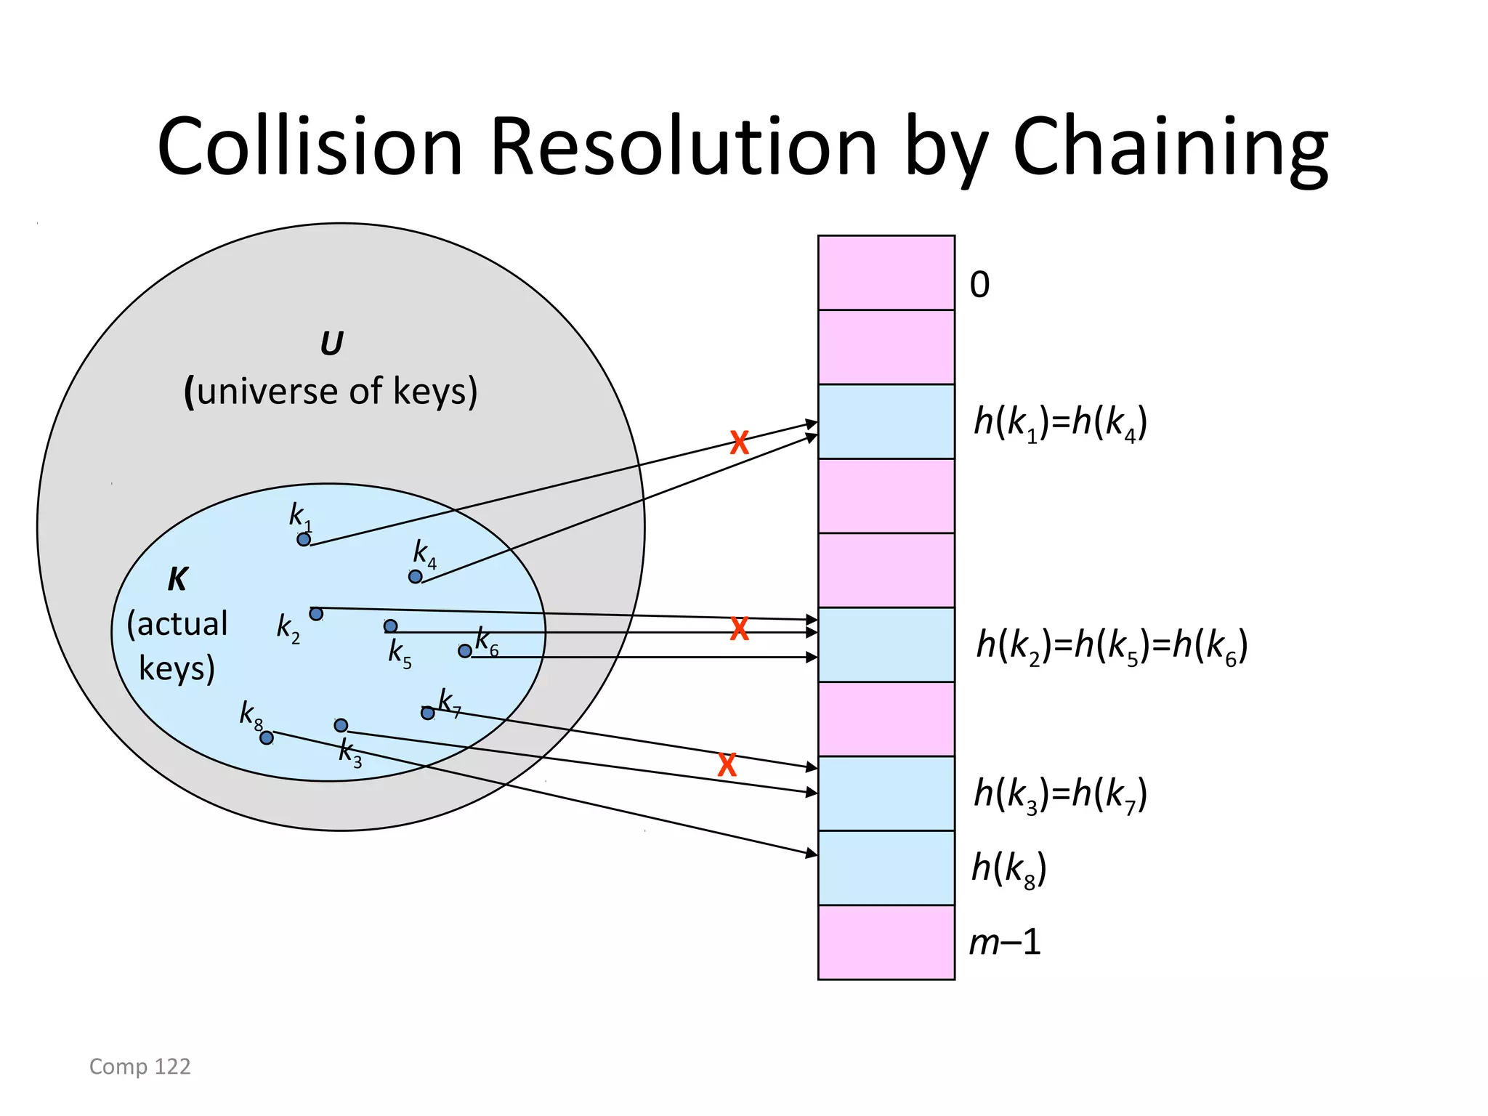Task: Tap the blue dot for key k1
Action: click(304, 539)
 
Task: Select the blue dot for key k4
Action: click(415, 577)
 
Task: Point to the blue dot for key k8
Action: click(267, 738)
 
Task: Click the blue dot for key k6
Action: click(465, 651)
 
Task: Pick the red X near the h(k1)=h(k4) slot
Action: click(739, 442)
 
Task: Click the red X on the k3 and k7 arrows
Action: click(727, 765)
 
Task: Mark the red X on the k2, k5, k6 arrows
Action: click(739, 628)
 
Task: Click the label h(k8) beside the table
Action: click(1008, 868)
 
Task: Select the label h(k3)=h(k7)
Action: click(1060, 793)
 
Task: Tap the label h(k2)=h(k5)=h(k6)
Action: click(1112, 645)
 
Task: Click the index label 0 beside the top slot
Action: click(979, 284)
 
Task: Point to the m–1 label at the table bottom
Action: click(1006, 942)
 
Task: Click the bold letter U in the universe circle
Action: click(331, 344)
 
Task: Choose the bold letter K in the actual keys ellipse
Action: click(177, 580)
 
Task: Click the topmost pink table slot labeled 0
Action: click(886, 272)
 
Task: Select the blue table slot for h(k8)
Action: click(886, 868)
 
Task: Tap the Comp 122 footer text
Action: click(139, 1066)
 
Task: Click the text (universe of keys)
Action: click(331, 392)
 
